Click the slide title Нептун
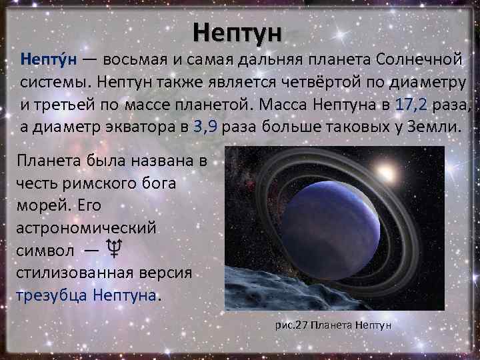(239, 31)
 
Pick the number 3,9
(203, 127)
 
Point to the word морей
(39, 205)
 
